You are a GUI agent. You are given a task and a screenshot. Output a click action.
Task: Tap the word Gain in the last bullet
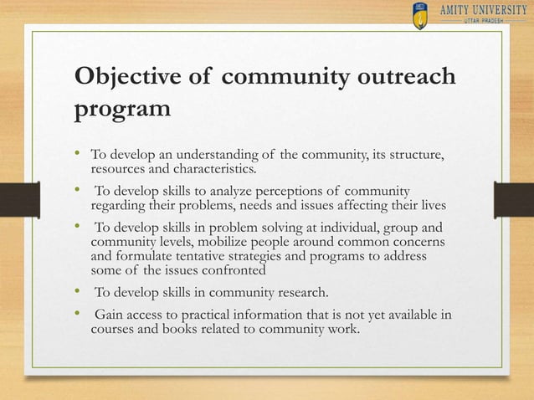point(110,315)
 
